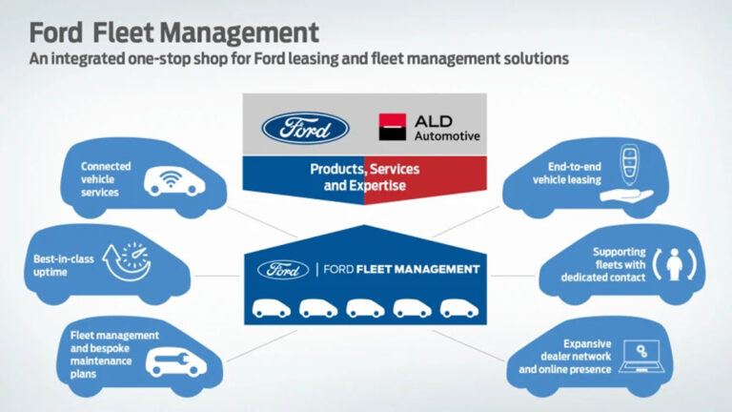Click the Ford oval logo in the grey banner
point(305,128)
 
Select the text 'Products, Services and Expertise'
point(365,177)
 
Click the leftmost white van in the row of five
point(270,308)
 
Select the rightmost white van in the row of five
point(460,308)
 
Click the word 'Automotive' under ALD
point(447,136)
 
